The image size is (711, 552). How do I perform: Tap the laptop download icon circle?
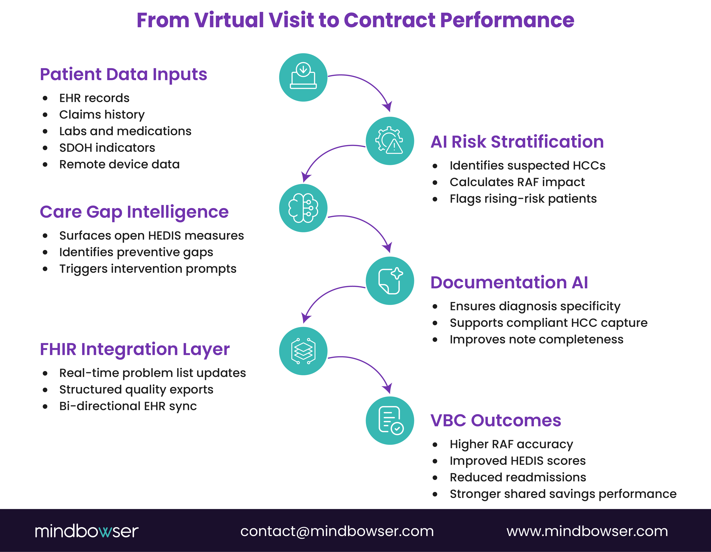pyautogui.click(x=303, y=78)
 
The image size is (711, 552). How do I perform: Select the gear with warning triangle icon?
pyautogui.click(x=390, y=141)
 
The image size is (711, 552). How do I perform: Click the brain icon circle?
pyautogui.click(x=303, y=208)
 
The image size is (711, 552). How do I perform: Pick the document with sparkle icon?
pyautogui.click(x=390, y=281)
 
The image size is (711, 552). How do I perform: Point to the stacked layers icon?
pyautogui.click(x=303, y=351)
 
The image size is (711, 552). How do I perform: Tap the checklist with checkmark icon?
pyautogui.click(x=390, y=421)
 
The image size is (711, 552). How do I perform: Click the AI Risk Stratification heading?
pyautogui.click(x=517, y=142)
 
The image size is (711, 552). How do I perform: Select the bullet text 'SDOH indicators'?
pyautogui.click(x=107, y=148)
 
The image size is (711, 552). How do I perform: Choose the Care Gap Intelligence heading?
pyautogui.click(x=134, y=212)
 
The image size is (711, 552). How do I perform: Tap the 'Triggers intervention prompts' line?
pyautogui.click(x=147, y=269)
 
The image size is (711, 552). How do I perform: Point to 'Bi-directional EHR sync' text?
pyautogui.click(x=128, y=406)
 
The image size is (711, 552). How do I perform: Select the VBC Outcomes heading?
pyautogui.click(x=495, y=421)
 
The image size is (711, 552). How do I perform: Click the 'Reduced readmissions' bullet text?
pyautogui.click(x=518, y=477)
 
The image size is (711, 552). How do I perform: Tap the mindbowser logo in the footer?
pyautogui.click(x=87, y=531)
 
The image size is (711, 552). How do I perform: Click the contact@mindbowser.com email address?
pyautogui.click(x=337, y=531)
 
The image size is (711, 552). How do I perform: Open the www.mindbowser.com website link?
pyautogui.click(x=587, y=531)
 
